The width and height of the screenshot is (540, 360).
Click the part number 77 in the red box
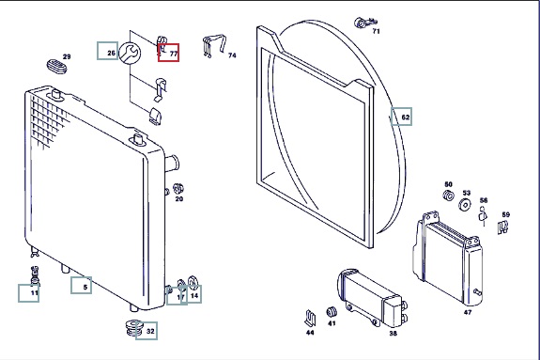pyautogui.click(x=174, y=55)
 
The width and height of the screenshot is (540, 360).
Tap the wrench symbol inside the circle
pyautogui.click(x=131, y=53)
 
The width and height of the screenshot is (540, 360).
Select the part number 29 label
pyautogui.click(x=67, y=56)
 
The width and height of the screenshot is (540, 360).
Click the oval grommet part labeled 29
pyautogui.click(x=56, y=66)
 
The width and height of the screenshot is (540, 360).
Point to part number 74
pyautogui.click(x=232, y=55)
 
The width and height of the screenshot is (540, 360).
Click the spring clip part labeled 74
pyautogui.click(x=213, y=46)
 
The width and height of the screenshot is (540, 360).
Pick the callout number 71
pyautogui.click(x=376, y=31)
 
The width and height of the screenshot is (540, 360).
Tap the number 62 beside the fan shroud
pyautogui.click(x=406, y=117)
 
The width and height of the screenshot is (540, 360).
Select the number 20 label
pyautogui.click(x=179, y=198)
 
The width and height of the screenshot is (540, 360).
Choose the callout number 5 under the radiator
pyautogui.click(x=85, y=287)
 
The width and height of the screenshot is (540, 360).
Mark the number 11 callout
pyautogui.click(x=35, y=293)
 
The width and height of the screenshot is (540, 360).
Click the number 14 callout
pyautogui.click(x=194, y=295)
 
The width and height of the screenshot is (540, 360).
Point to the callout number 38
pyautogui.click(x=393, y=333)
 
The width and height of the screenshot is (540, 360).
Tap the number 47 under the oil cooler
pyautogui.click(x=468, y=312)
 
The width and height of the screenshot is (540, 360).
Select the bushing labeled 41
pyautogui.click(x=332, y=312)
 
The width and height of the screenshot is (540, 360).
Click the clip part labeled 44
pyautogui.click(x=310, y=318)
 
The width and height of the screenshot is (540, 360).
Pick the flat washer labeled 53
pyautogui.click(x=465, y=205)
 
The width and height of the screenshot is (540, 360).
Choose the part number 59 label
pyautogui.click(x=505, y=214)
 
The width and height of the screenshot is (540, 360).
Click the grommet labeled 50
pyautogui.click(x=448, y=196)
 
